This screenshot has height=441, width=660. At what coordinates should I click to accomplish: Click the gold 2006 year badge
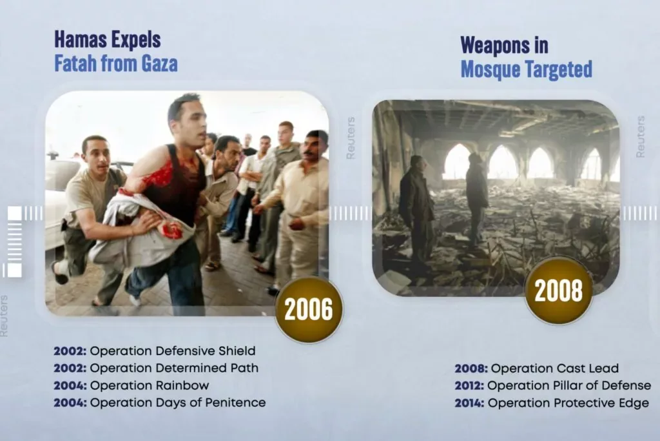coord(309,309)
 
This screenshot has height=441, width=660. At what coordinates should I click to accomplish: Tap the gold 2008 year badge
coord(559,291)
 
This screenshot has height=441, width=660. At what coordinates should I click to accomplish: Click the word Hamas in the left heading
coord(81,40)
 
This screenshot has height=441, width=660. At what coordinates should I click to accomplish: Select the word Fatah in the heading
coord(75,64)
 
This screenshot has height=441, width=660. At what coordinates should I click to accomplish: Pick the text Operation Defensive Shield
coord(173,351)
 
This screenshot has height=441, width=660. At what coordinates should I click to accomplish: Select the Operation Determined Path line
coord(174,368)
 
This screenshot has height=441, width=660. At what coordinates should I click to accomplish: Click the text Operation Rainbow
coord(150,385)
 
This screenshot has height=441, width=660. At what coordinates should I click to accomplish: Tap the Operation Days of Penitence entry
coord(178,403)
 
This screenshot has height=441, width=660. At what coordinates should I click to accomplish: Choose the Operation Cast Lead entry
coord(555,369)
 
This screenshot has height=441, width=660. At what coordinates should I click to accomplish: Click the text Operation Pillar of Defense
coord(569,385)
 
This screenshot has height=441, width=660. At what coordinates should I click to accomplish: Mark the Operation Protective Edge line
coord(568,403)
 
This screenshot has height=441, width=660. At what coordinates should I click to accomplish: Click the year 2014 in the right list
coord(469,403)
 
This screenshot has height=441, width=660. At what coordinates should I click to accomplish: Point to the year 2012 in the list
coord(469,385)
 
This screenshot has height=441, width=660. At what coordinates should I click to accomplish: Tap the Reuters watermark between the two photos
coord(351,138)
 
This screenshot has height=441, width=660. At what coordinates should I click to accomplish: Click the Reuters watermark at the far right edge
coord(640,137)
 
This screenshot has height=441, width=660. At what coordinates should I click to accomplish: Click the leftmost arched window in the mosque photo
coord(458,162)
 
